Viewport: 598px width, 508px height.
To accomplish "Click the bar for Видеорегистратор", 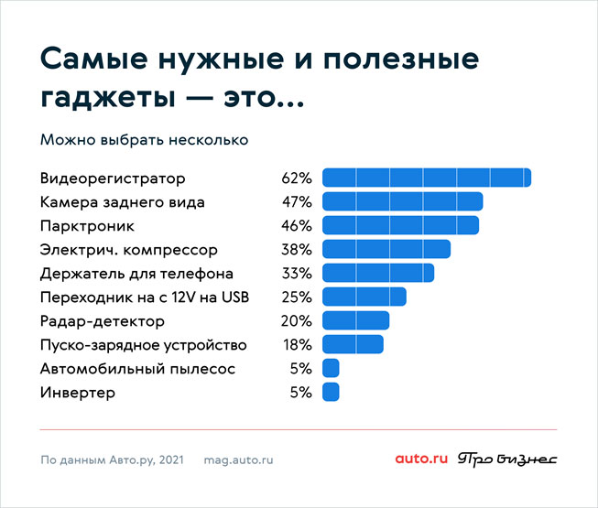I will point(427,178).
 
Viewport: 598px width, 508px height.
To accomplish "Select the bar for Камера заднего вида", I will point(402,201).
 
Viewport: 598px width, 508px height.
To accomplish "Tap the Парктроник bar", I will point(400,225).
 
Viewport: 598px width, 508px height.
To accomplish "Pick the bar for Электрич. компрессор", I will point(386,249).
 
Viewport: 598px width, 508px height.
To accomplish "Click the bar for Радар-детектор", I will point(356,320).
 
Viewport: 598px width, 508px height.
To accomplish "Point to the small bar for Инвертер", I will point(331,392).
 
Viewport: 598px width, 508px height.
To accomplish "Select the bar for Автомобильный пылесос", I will point(331,368).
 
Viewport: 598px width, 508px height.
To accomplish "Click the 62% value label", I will point(297,178).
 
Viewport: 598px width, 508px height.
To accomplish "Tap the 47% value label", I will point(297,201).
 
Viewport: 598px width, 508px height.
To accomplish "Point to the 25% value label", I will point(297,297).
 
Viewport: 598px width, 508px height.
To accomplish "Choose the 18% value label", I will point(297,344).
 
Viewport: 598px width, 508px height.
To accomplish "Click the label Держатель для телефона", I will point(136,273).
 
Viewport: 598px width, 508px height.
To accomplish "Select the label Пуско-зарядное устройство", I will point(144,344).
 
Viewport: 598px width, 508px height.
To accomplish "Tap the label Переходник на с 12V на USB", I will point(145,297).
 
